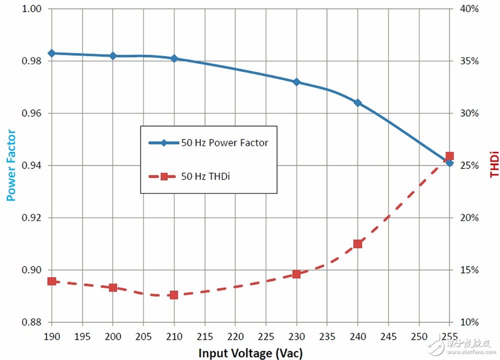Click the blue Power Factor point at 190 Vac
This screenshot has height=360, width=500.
pos(51,53)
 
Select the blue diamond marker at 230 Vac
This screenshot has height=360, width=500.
pos(296,81)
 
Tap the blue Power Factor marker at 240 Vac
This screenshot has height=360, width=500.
pos(357,102)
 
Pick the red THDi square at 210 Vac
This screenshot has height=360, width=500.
pos(174,295)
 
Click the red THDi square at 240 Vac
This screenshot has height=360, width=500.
pos(357,244)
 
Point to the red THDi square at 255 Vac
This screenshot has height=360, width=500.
pos(449,156)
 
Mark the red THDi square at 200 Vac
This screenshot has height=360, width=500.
pos(113,287)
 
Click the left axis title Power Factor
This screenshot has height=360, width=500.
pos(11,165)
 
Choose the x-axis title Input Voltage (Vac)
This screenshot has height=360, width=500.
pos(250,353)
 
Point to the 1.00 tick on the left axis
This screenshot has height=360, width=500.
pos(30,9)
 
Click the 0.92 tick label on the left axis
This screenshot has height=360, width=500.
pos(30,218)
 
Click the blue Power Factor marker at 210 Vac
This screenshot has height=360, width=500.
pos(174,58)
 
